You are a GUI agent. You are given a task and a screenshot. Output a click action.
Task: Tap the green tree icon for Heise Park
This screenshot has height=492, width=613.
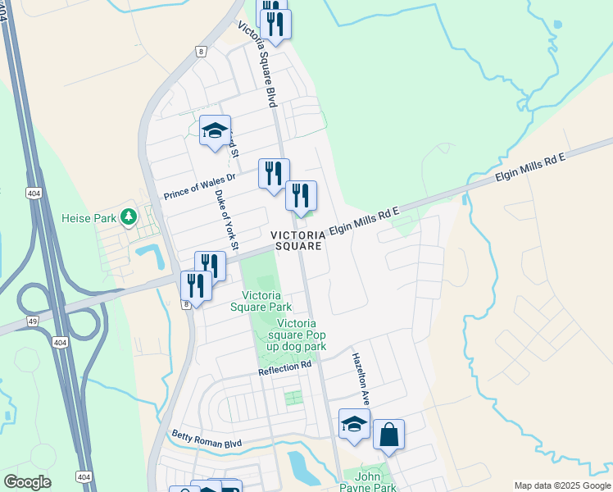127,216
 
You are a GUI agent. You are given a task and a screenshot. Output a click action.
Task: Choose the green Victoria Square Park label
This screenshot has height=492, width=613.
266,301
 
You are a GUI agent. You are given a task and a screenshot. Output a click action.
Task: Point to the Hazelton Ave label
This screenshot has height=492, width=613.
361,379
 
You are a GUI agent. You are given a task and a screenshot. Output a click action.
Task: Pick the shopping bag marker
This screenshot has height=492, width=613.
388,434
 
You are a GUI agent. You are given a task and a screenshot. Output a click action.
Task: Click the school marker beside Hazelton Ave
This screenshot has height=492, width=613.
354,424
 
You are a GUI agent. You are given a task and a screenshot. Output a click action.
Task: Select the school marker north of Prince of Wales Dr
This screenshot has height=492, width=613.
215,130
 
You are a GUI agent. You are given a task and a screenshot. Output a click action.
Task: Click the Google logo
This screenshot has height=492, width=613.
26,482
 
